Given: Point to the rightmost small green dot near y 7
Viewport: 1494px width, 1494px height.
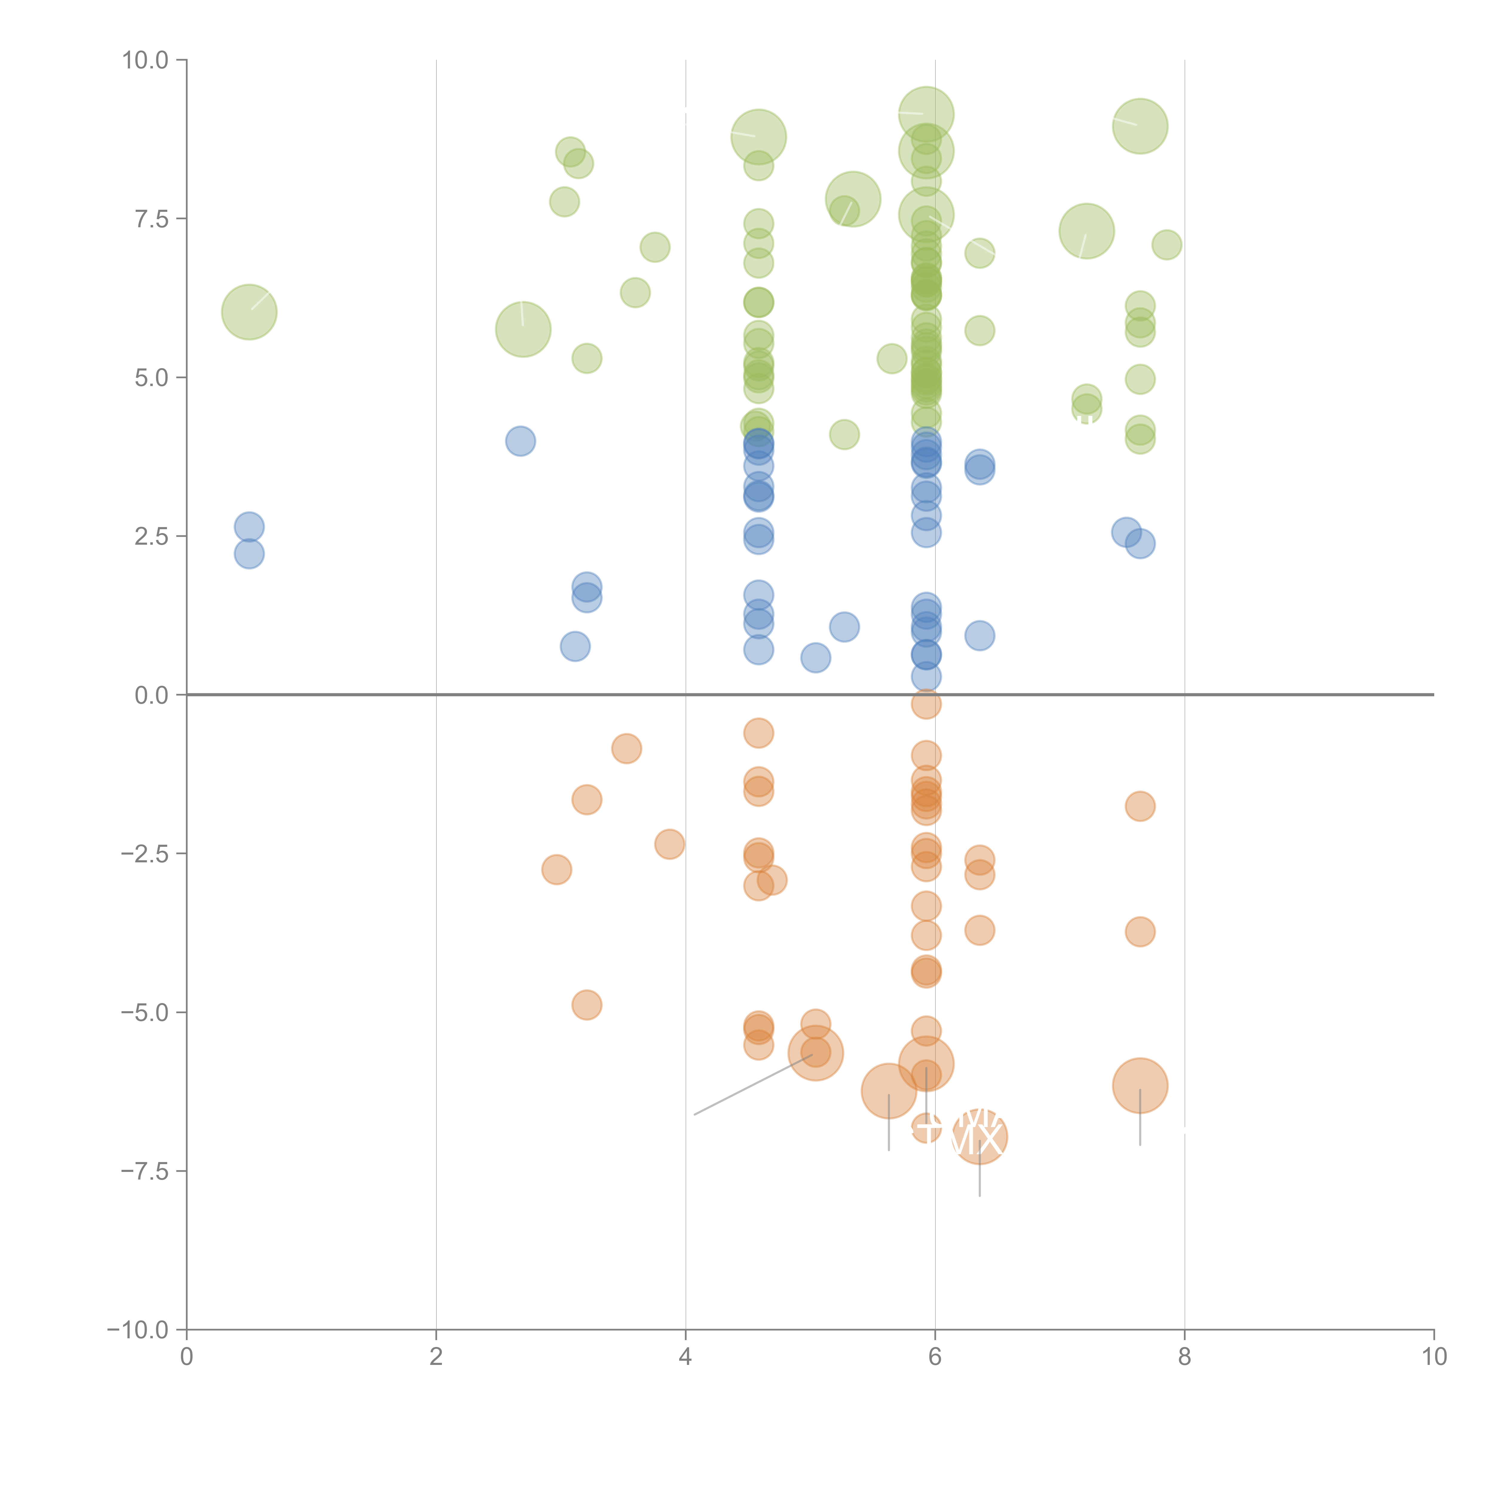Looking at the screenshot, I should click(x=1166, y=245).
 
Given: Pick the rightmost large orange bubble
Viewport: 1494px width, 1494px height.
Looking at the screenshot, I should click(x=1140, y=1086).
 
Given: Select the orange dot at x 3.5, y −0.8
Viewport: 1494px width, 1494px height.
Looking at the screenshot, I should click(x=626, y=748).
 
